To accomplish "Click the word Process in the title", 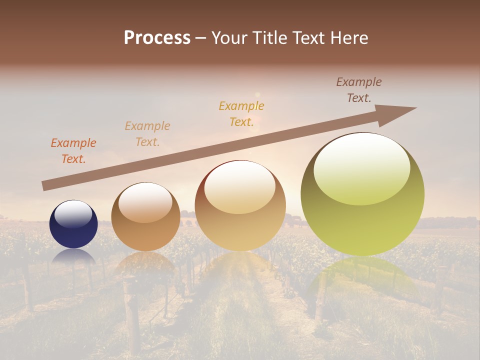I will (157, 38).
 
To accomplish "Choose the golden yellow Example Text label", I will (241, 113).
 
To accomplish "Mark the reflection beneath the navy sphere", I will (73, 257).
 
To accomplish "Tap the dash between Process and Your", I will (201, 38).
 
